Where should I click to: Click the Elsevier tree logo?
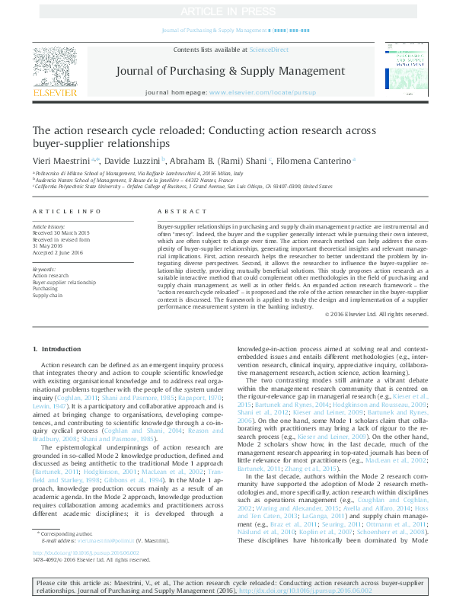pos(55,66)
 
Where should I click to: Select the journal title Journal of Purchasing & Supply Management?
pos(225,71)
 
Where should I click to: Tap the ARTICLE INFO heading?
pos(66,211)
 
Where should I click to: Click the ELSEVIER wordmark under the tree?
pos(55,93)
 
